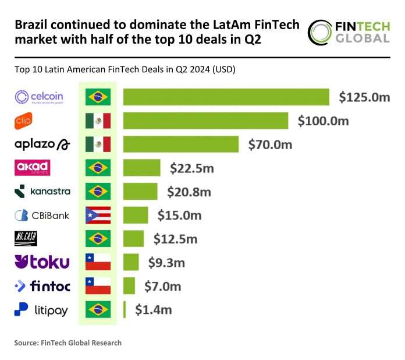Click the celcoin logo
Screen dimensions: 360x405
pyautogui.click(x=38, y=97)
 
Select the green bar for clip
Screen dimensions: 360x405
pyautogui.click(x=205, y=121)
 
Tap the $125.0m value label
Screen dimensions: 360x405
pyautogui.click(x=364, y=97)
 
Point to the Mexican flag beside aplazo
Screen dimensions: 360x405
pyautogui.click(x=98, y=144)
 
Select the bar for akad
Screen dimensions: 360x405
pyautogui.click(x=141, y=168)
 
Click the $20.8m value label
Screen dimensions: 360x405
pyautogui.click(x=189, y=191)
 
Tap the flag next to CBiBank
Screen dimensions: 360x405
pyautogui.click(x=98, y=215)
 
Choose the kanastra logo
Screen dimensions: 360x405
pyautogui.click(x=41, y=191)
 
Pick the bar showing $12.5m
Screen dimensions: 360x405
pyautogui.click(x=133, y=239)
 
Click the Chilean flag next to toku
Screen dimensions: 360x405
pyautogui.click(x=98, y=262)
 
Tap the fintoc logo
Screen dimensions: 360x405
pyautogui.click(x=41, y=286)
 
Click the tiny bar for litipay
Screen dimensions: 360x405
pyautogui.click(x=125, y=309)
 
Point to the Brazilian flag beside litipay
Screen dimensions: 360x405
pyautogui.click(x=98, y=309)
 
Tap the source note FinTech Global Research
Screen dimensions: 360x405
pyautogui.click(x=68, y=343)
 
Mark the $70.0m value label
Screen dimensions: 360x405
pyautogui.click(x=270, y=144)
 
